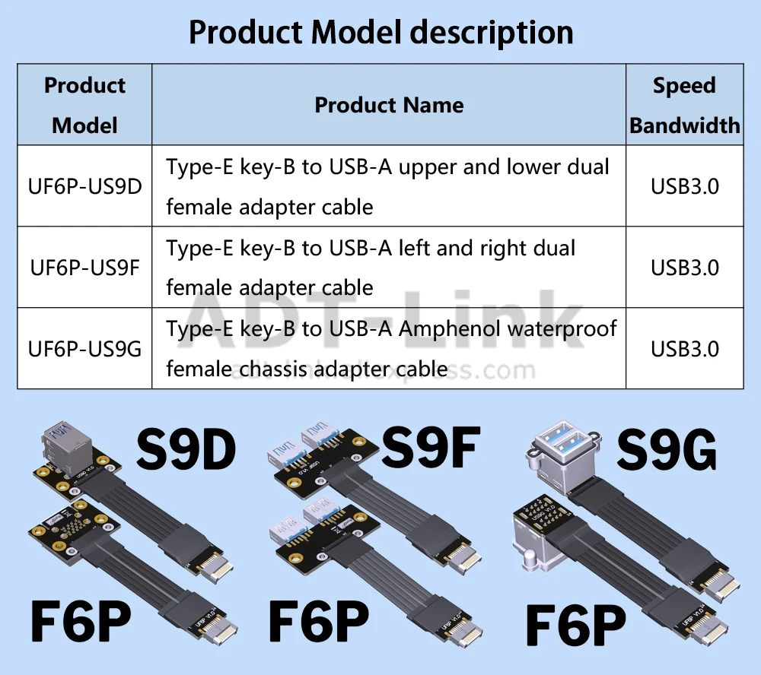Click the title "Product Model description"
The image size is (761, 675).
(380, 32)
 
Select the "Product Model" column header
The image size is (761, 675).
(84, 105)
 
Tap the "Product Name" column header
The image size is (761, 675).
(389, 105)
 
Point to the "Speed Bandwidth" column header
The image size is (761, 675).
(684, 105)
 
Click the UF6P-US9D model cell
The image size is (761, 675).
(84, 186)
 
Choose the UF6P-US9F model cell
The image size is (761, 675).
(84, 268)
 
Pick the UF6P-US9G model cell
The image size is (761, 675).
(84, 349)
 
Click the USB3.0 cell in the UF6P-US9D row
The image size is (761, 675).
(684, 186)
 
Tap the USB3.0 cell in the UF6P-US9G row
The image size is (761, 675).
(684, 349)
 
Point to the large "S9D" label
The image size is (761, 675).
(186, 450)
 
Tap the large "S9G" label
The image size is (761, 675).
(666, 452)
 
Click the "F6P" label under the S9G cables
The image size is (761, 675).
(576, 626)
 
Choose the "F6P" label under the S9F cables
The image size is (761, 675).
(320, 622)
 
